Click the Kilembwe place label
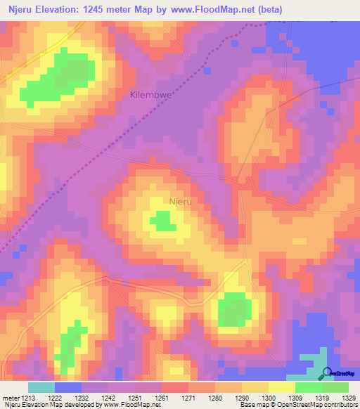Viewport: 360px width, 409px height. click(151, 93)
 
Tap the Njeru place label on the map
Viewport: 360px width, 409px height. click(181, 202)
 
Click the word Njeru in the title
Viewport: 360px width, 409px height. click(22, 8)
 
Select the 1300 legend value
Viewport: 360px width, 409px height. click(256, 397)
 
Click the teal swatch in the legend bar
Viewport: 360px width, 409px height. click(41, 387)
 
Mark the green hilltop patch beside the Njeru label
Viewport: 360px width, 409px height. click(163, 222)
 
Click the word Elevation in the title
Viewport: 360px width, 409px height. click(65, 8)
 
